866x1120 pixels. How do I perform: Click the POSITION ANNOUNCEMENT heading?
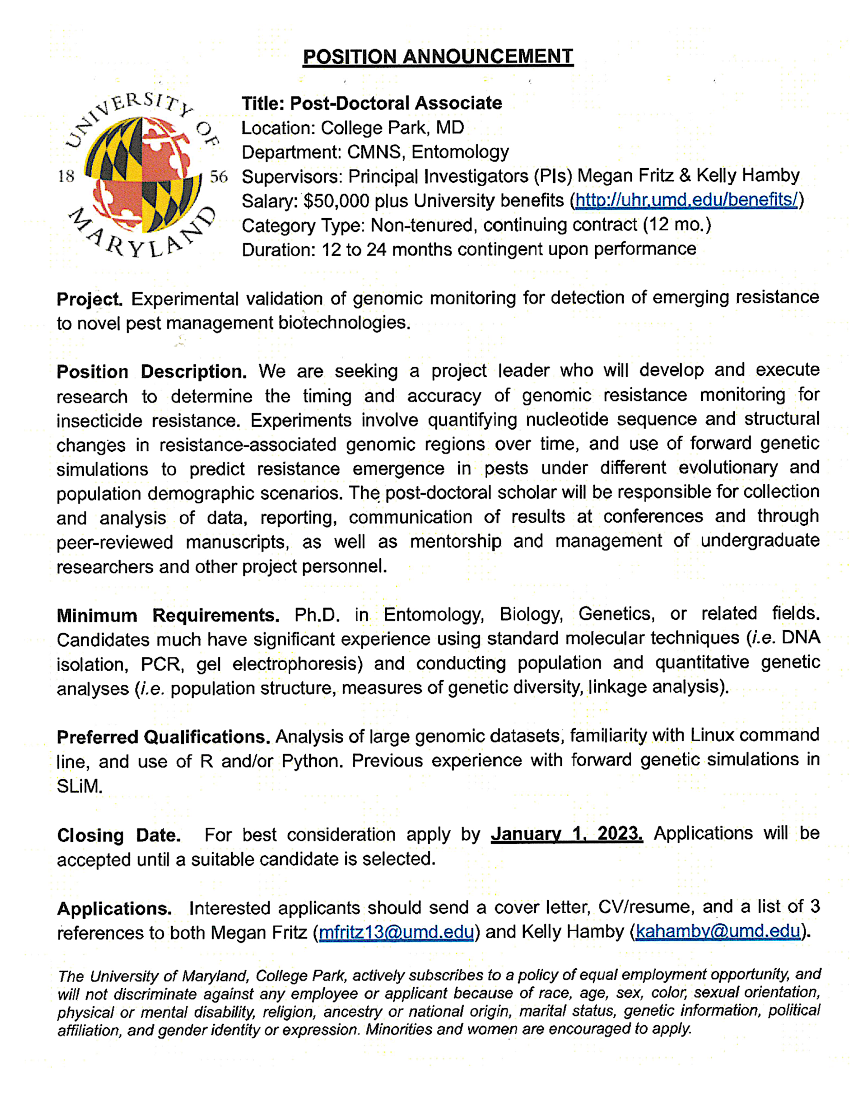[438, 56]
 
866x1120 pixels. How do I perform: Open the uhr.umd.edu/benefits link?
[686, 200]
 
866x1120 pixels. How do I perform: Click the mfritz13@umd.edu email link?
[396, 931]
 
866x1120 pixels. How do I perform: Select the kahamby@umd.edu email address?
[718, 931]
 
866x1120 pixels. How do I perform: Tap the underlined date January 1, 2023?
[566, 834]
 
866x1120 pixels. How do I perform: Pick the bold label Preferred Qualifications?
[163, 737]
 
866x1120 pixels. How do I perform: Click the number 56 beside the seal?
[219, 177]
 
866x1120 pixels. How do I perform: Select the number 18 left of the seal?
[66, 177]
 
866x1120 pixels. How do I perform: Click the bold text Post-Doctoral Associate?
[396, 103]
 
